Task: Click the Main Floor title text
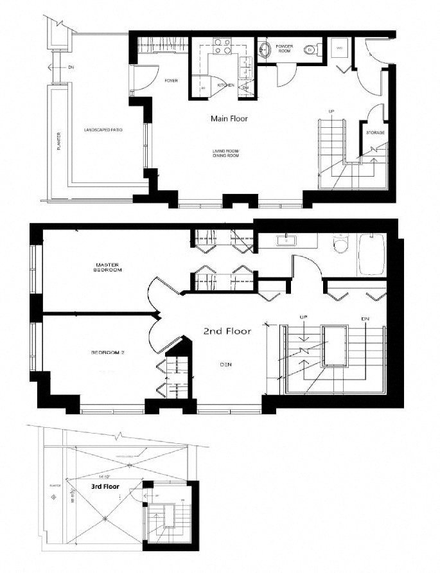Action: pyautogui.click(x=229, y=119)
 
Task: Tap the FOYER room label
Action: pyautogui.click(x=171, y=80)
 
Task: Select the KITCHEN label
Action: pyautogui.click(x=225, y=85)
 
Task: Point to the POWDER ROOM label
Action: pyautogui.click(x=285, y=49)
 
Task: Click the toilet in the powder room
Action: pyautogui.click(x=312, y=49)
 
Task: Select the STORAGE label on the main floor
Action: pyautogui.click(x=375, y=132)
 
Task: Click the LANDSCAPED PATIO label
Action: pyautogui.click(x=103, y=130)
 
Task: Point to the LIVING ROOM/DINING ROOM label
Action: pyautogui.click(x=227, y=153)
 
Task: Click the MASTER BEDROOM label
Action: pyautogui.click(x=109, y=267)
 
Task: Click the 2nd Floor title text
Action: pyautogui.click(x=227, y=331)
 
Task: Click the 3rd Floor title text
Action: pyautogui.click(x=105, y=486)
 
